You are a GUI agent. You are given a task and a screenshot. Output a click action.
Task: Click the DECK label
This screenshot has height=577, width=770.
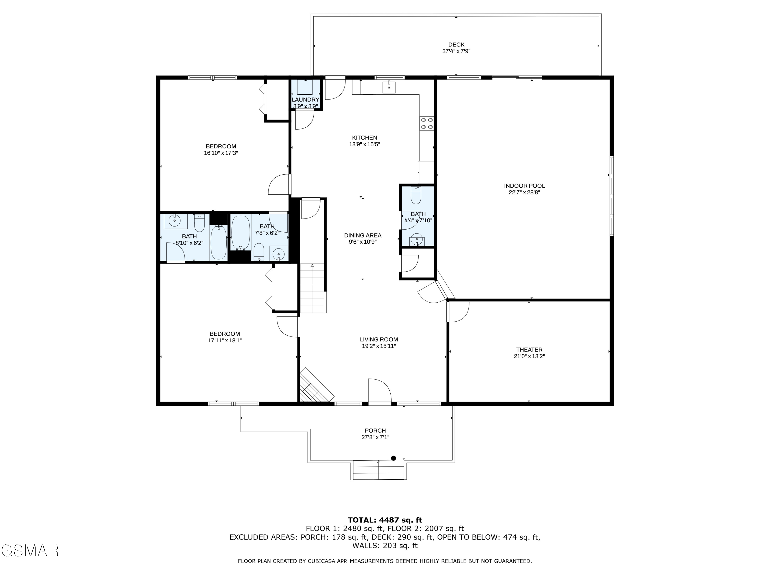[x=456, y=45]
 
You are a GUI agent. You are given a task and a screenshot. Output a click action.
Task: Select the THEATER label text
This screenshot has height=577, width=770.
[x=529, y=350]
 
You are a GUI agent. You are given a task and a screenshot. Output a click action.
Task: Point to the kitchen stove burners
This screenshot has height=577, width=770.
[x=427, y=123]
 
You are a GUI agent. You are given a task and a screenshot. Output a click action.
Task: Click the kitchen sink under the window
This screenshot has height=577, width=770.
[x=389, y=87]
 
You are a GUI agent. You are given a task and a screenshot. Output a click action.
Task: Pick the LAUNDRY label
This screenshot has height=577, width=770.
[x=305, y=100]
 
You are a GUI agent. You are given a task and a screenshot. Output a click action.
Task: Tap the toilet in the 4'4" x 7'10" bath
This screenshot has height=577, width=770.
[x=416, y=195]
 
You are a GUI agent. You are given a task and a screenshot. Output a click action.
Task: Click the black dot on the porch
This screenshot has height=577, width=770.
[x=393, y=458]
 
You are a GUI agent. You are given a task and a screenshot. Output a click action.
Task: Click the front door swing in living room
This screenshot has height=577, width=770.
[x=380, y=390]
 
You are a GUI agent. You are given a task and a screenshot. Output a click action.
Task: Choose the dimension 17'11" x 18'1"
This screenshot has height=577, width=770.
[x=225, y=341]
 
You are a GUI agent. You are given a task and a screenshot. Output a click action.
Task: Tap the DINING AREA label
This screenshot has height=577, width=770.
[x=363, y=235]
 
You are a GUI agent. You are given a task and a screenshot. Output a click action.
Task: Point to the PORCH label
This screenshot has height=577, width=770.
[x=375, y=431]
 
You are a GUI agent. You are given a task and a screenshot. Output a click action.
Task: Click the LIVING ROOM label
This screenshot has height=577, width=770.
[x=379, y=340]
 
